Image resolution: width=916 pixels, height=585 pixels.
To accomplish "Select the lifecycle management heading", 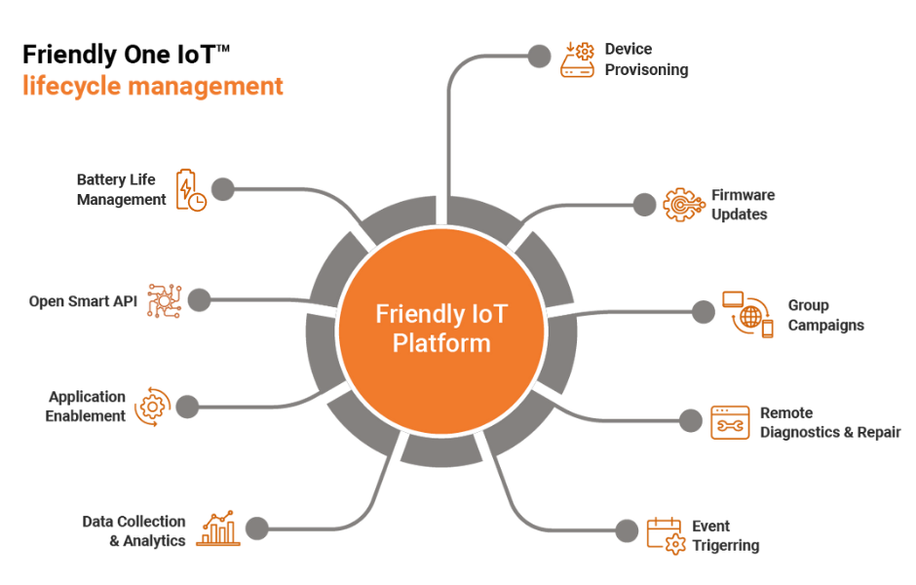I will (x=153, y=87).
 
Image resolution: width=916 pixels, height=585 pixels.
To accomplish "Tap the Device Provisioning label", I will (x=646, y=59).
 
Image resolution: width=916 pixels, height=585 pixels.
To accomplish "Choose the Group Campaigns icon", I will (x=747, y=314).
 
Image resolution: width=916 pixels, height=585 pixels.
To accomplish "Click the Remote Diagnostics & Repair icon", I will (x=730, y=422).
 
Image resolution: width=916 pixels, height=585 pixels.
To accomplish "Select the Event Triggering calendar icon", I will (x=667, y=535).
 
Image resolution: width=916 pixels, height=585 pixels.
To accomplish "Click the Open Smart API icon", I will (x=165, y=300).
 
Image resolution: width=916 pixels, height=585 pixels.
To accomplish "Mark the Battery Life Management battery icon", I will (x=190, y=190).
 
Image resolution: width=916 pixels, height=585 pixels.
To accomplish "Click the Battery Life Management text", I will (x=121, y=190).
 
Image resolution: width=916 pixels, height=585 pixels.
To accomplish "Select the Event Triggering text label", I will (x=725, y=536).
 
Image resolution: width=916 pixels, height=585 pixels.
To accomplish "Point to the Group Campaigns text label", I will (x=824, y=315).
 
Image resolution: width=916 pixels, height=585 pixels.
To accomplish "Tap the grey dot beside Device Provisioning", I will (x=538, y=57).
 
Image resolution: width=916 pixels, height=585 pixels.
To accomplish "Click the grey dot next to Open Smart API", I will (x=199, y=300).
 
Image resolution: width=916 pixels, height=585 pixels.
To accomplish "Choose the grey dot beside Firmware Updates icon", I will (x=644, y=204).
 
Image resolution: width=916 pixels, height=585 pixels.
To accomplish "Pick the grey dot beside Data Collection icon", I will (x=256, y=528).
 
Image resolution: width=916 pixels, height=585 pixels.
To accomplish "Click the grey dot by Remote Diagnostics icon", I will (x=691, y=420).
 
